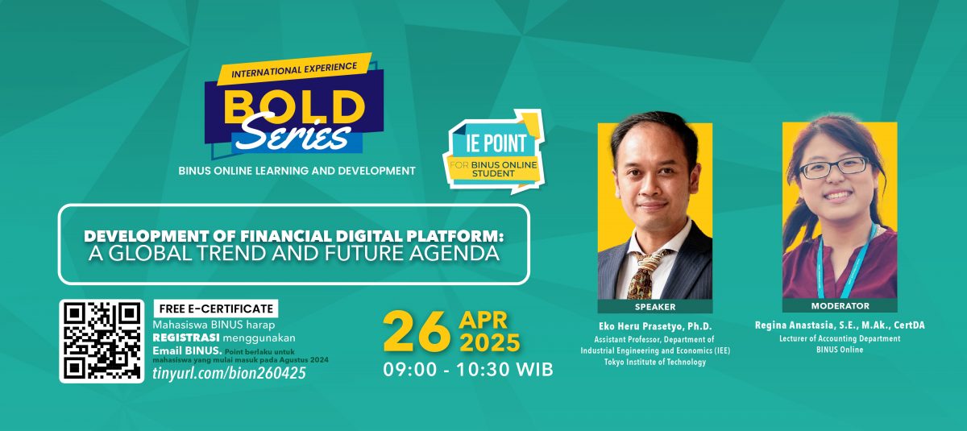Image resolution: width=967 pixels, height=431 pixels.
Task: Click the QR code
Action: pos(102,341)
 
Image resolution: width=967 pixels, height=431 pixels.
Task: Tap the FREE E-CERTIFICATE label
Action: pos(215,309)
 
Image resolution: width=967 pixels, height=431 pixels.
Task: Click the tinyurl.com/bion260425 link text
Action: pos(229,374)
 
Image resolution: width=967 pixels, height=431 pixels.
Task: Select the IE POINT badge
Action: pos(492,151)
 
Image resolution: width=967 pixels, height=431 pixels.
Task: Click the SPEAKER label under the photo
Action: pos(655,307)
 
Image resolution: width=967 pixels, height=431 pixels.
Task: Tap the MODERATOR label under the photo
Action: pos(839,306)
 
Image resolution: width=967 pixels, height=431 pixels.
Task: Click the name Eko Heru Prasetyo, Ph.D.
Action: pos(655,325)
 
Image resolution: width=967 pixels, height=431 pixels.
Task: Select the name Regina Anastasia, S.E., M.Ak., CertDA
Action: pos(839,325)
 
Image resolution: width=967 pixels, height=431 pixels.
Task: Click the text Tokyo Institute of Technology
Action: pos(655,363)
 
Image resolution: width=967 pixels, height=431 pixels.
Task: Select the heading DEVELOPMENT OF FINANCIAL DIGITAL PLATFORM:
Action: pos(293,237)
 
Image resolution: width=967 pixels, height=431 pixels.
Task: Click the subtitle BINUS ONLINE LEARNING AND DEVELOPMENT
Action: pos(297,171)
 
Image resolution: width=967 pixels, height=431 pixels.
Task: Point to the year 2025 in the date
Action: pos(489,343)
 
